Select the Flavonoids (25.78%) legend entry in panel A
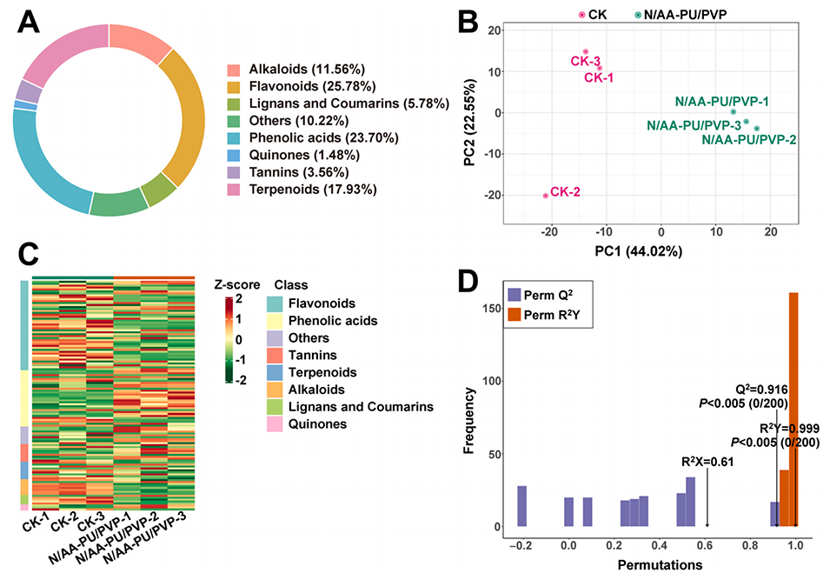(x=311, y=86)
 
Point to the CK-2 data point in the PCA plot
(x=545, y=196)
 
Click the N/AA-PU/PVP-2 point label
(x=748, y=139)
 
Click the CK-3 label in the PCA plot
(x=585, y=62)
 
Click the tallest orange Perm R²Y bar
(x=793, y=409)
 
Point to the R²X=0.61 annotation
(x=707, y=461)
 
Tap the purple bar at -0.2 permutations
(x=522, y=506)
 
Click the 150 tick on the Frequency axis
(x=492, y=309)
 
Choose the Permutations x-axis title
(x=661, y=564)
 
